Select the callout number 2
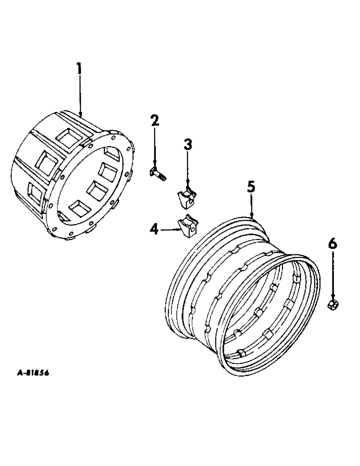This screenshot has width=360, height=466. (x=154, y=121)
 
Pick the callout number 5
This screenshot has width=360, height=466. (x=251, y=187)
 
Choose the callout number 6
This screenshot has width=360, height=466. (x=332, y=244)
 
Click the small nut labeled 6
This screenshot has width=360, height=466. (x=333, y=305)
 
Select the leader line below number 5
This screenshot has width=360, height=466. (x=251, y=205)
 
